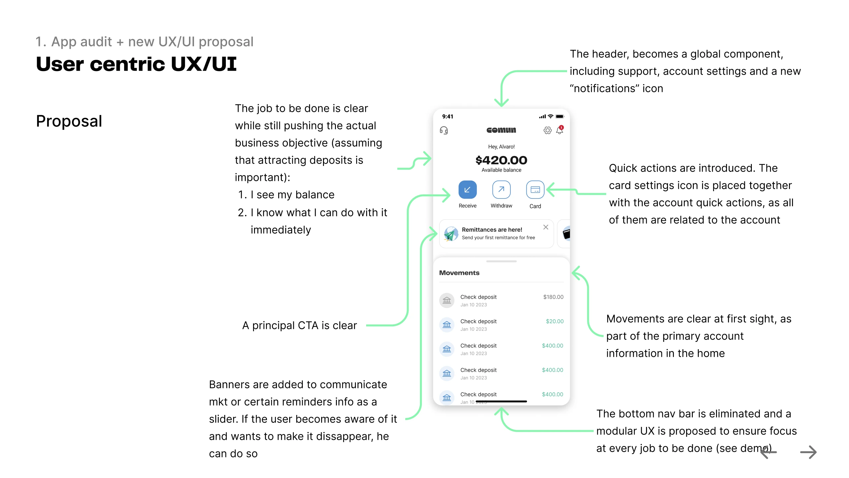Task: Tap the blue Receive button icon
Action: [x=467, y=190]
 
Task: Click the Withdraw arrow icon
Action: [x=501, y=190]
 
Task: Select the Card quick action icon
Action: [x=535, y=190]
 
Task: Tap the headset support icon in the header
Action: [x=444, y=130]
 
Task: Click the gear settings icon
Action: [x=548, y=130]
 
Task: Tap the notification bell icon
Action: [x=560, y=130]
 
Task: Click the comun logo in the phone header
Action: [x=501, y=130]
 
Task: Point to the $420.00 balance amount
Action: [x=501, y=160]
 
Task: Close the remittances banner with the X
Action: [x=546, y=227]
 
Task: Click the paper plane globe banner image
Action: [x=451, y=234]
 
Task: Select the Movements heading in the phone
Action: [x=459, y=273]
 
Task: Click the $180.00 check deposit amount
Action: [x=553, y=297]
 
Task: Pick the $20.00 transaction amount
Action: [x=555, y=321]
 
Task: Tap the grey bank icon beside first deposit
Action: [x=447, y=300]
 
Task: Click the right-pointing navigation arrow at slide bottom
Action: [x=808, y=452]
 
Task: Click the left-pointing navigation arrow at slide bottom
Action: [x=769, y=452]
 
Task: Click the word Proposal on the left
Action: [x=69, y=121]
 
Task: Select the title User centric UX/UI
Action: [x=136, y=64]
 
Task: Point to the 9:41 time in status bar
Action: [x=448, y=117]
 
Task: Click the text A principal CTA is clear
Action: [x=299, y=326]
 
